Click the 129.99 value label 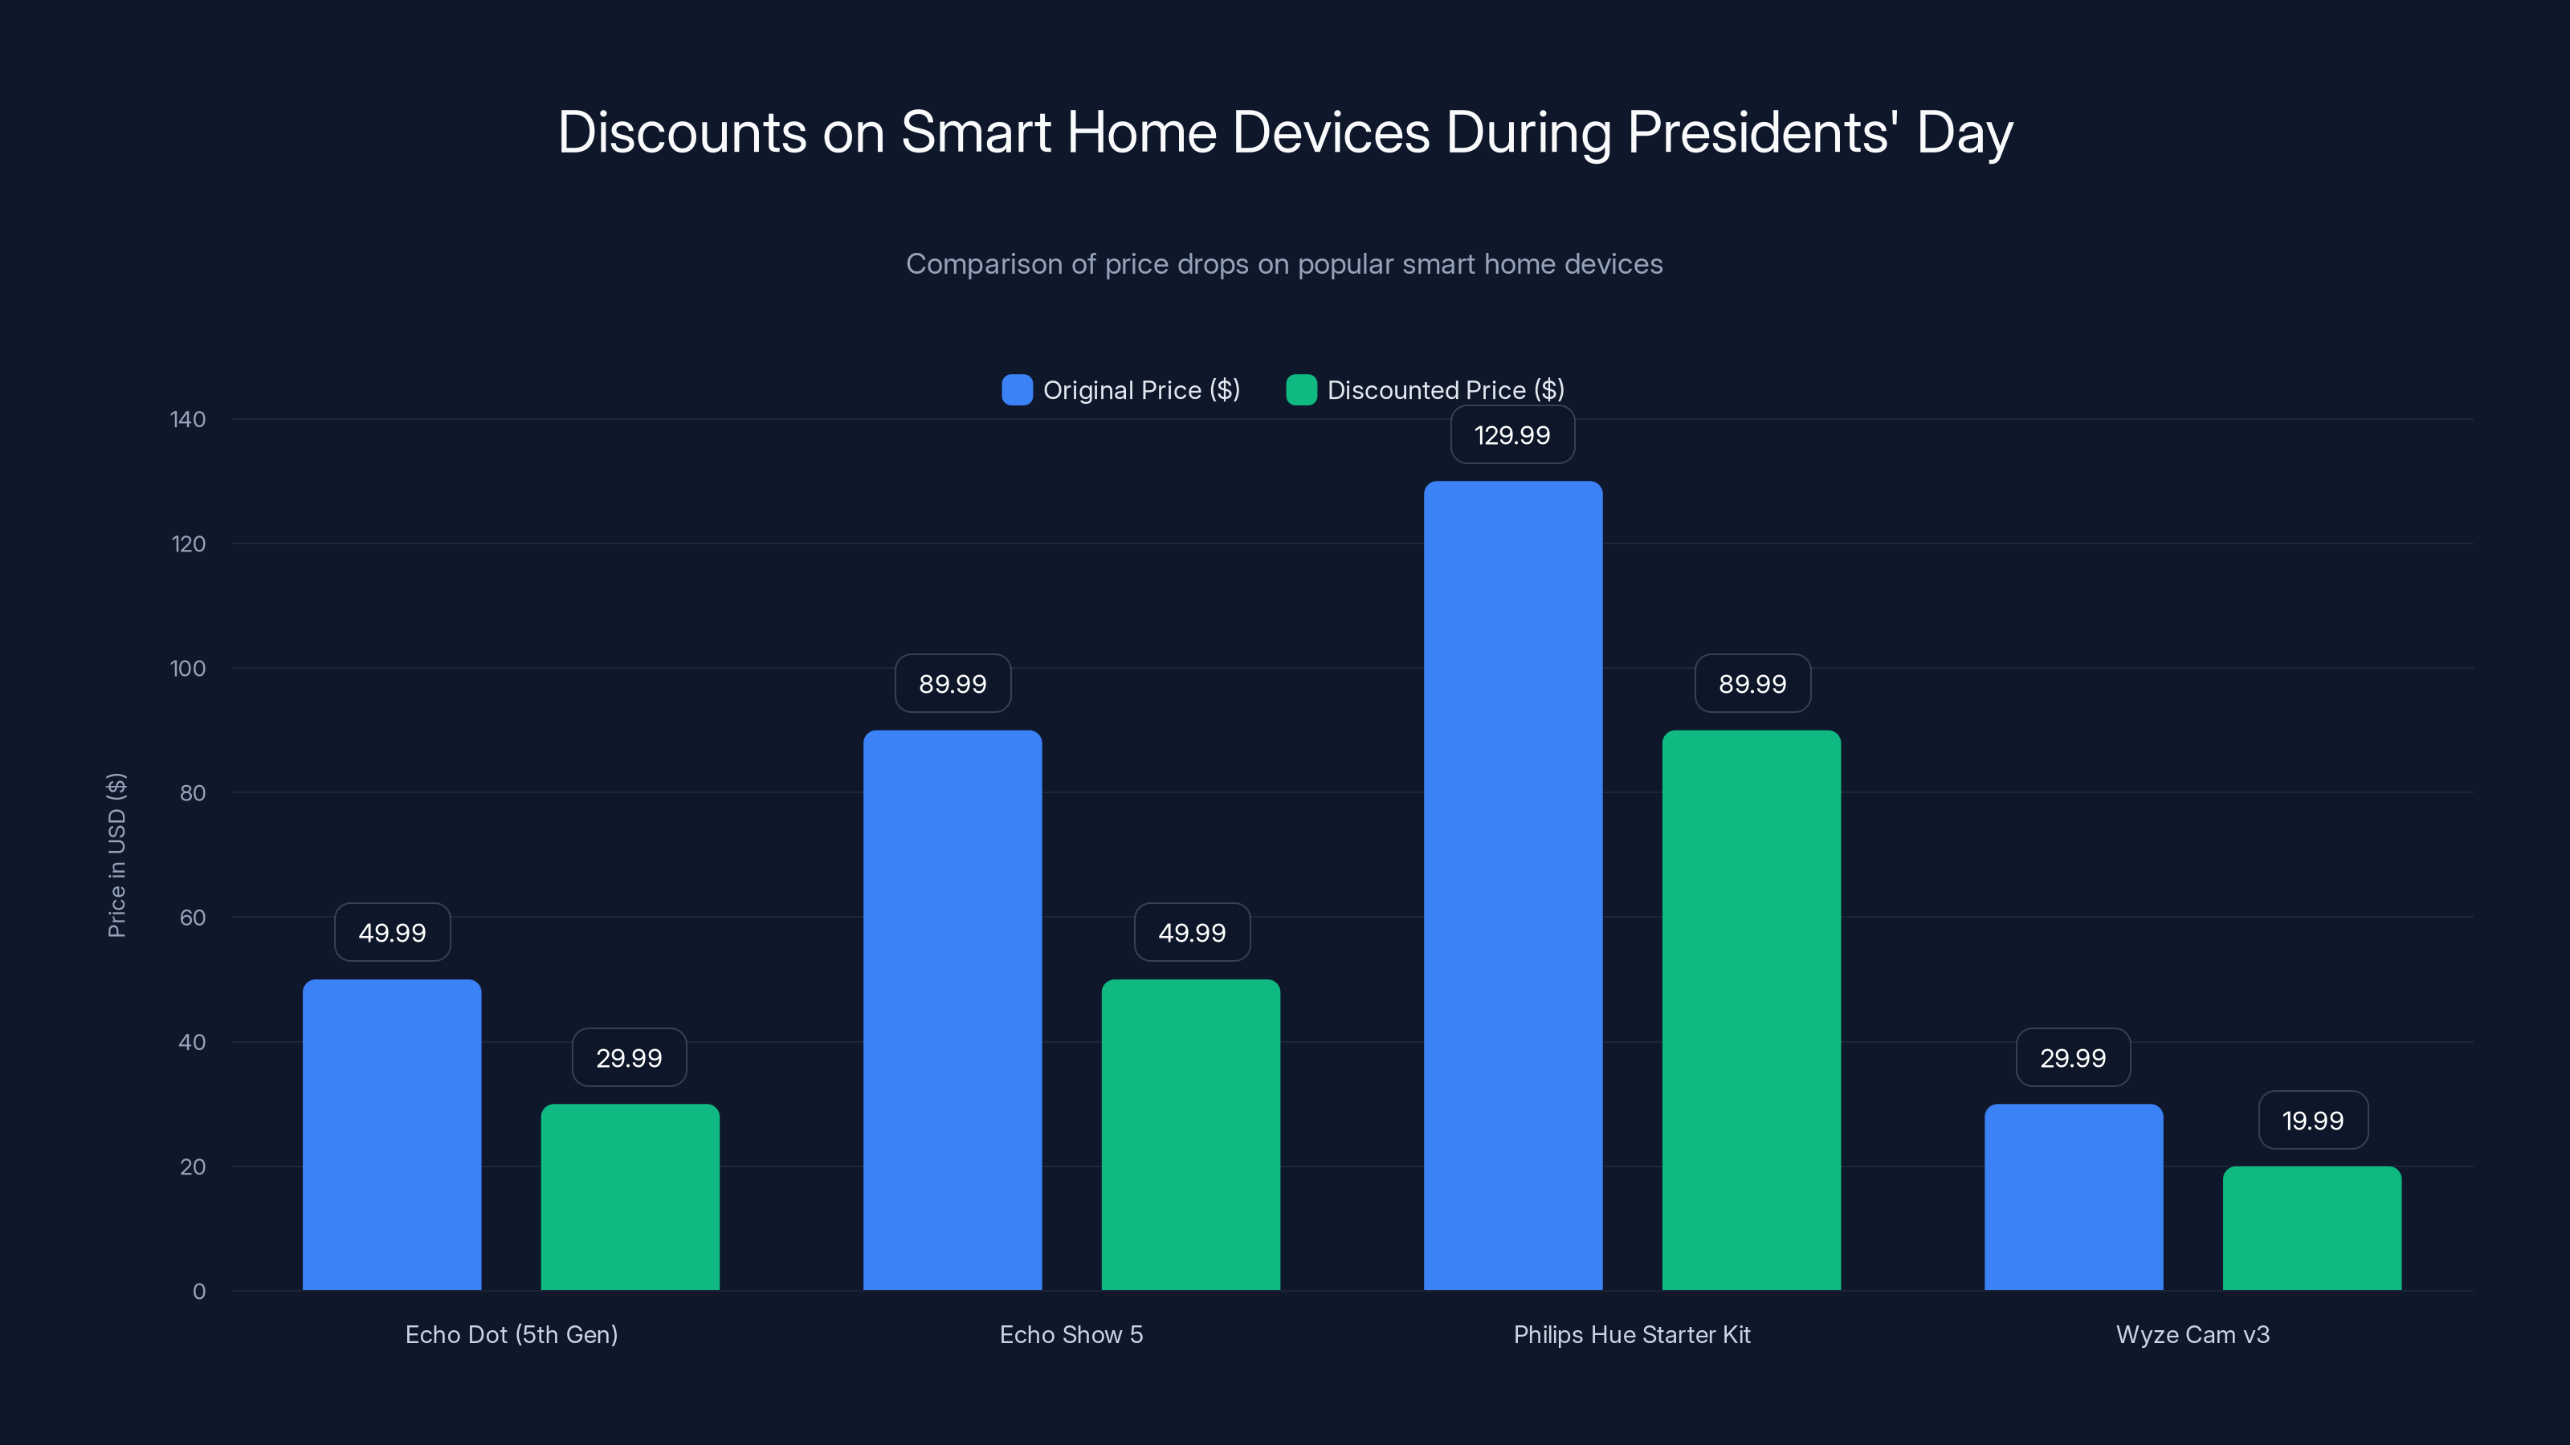pyautogui.click(x=1512, y=435)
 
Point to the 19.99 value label pyautogui.click(x=2313, y=1120)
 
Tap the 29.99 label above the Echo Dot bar pyautogui.click(x=629, y=1057)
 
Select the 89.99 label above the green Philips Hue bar pyautogui.click(x=1752, y=683)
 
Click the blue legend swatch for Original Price pyautogui.click(x=1017, y=390)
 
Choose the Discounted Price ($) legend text pyautogui.click(x=1445, y=390)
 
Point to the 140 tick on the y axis pyautogui.click(x=188, y=419)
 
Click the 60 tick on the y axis pyautogui.click(x=193, y=918)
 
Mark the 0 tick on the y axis pyautogui.click(x=198, y=1292)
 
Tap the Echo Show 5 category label pyautogui.click(x=1071, y=1334)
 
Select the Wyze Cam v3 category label pyautogui.click(x=2192, y=1334)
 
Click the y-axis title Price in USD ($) pyautogui.click(x=116, y=855)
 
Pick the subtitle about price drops pyautogui.click(x=1284, y=264)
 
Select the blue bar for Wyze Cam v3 pyautogui.click(x=2073, y=1197)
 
